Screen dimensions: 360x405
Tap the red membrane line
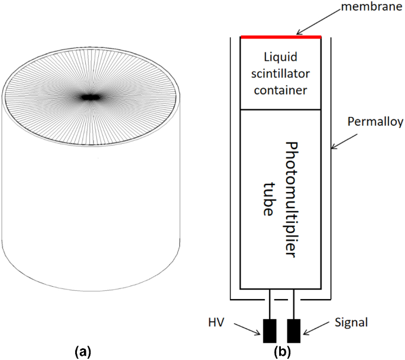[281, 37]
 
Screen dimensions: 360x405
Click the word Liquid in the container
[281, 57]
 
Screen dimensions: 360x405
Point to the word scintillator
[281, 74]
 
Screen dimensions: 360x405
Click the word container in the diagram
[281, 90]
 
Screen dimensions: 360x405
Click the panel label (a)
[82, 352]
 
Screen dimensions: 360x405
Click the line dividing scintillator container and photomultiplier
[281, 110]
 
